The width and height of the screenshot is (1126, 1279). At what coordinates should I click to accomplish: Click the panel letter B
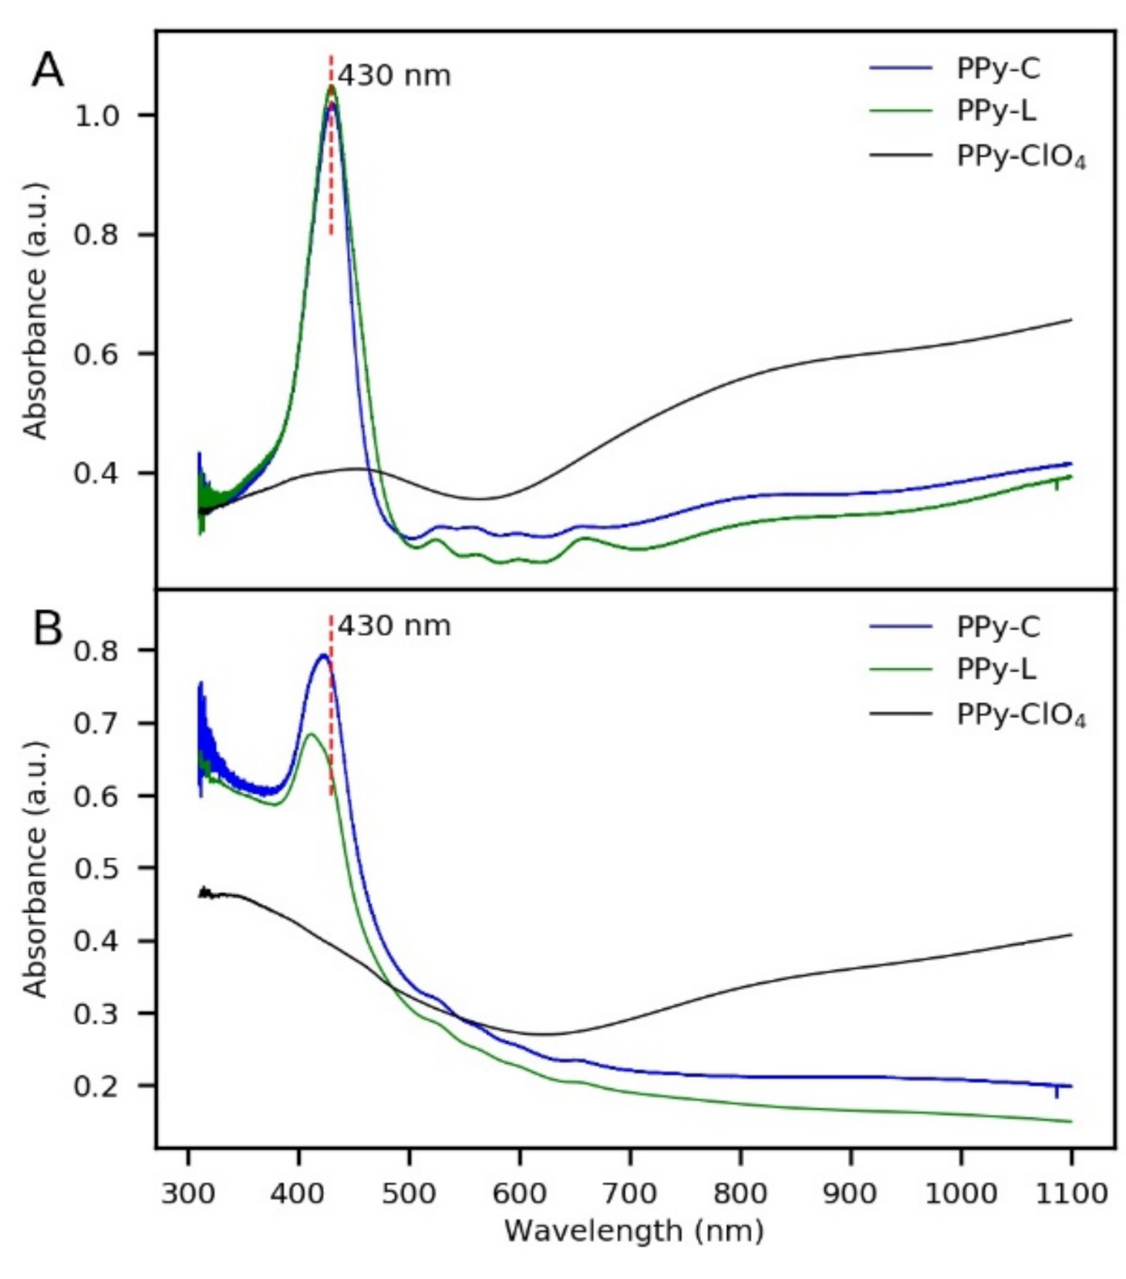point(48,628)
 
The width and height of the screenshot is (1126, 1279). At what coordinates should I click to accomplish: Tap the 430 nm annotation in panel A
point(394,76)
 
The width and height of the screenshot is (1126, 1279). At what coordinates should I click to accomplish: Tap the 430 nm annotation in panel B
point(394,625)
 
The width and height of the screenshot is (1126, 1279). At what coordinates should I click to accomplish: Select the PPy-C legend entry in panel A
point(997,68)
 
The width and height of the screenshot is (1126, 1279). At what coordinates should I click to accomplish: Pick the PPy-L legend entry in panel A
point(996,111)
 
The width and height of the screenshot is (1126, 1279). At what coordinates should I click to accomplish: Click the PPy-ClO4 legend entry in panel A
point(1020,157)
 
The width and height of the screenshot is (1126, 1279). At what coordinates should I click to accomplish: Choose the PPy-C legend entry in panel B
point(997,626)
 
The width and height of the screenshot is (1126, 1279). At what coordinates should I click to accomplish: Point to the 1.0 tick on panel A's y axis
point(96,116)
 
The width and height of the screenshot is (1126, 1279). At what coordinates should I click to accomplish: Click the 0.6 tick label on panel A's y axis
point(96,354)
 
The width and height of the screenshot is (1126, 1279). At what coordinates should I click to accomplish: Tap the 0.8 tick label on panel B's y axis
point(96,650)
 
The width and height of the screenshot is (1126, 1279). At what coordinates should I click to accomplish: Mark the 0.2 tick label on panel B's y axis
point(96,1085)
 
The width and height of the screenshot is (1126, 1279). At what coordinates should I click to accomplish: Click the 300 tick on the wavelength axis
point(188,1193)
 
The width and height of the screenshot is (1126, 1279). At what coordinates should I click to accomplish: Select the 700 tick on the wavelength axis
point(630,1193)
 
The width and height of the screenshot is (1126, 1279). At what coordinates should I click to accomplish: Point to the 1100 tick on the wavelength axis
point(1071,1193)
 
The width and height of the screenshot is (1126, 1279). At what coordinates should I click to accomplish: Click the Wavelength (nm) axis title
point(634,1230)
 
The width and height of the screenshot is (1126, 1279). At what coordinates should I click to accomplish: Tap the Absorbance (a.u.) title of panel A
point(35,311)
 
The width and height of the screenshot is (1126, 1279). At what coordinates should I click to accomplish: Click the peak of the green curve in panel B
point(311,733)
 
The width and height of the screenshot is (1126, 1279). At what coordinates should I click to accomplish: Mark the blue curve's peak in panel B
point(324,655)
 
